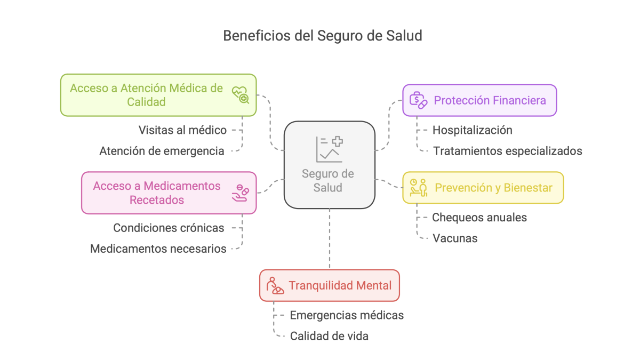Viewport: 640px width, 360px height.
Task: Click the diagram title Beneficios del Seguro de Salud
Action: point(322,36)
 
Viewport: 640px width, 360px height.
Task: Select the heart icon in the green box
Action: point(240,94)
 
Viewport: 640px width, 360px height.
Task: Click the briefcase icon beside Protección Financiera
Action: point(418,100)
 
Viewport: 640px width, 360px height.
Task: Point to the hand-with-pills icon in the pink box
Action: point(240,193)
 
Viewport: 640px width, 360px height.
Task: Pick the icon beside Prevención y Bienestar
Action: point(419,188)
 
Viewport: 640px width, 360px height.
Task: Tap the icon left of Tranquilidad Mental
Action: point(276,285)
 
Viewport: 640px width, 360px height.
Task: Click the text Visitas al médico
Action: point(182,130)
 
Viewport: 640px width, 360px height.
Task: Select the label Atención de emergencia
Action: point(162,151)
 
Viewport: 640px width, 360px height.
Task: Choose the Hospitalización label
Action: point(472,130)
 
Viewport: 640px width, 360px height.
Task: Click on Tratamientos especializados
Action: point(507,151)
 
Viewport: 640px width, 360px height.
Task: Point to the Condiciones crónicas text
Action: point(169,228)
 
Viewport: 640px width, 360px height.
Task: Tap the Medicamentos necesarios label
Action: point(158,249)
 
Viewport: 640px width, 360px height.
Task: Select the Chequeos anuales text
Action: point(479,218)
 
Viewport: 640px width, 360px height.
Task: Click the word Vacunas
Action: point(454,238)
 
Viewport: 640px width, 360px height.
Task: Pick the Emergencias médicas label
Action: point(347,315)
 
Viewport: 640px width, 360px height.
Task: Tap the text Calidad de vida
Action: point(329,336)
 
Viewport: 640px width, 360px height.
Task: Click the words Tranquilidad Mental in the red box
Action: point(340,285)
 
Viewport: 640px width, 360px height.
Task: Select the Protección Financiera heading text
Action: point(490,100)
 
